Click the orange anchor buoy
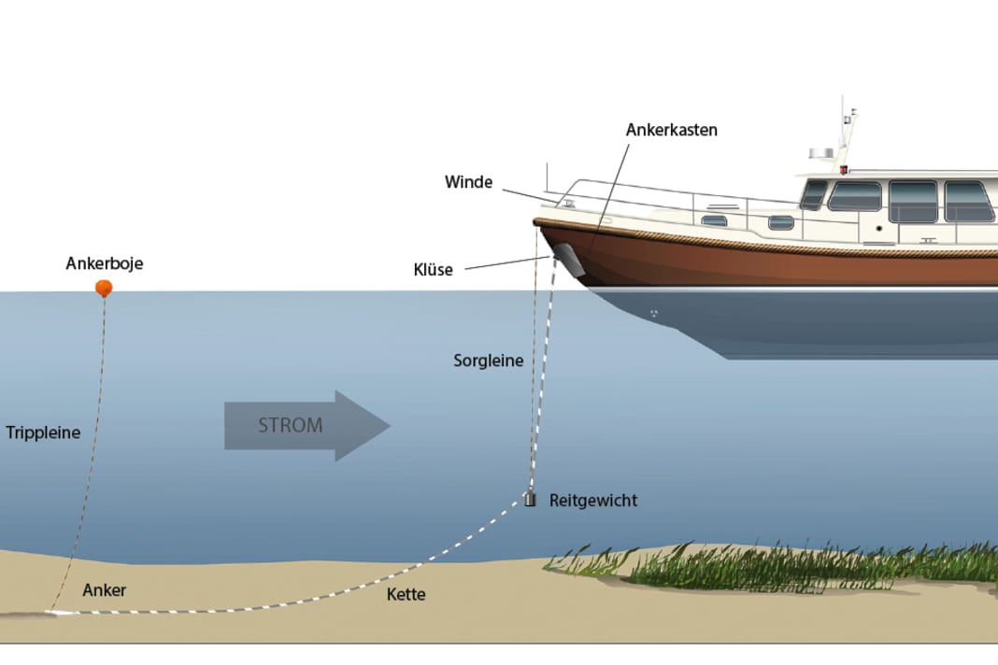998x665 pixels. point(104,288)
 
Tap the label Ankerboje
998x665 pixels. point(105,263)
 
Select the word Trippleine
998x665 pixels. point(43,432)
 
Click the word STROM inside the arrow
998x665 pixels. point(290,425)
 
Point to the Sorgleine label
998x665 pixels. point(488,360)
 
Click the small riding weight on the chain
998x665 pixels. point(530,499)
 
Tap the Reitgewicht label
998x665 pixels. point(593,501)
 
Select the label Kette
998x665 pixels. point(406,594)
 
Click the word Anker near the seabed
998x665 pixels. point(104,590)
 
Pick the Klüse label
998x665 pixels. point(433,270)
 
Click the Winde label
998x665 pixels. point(468,182)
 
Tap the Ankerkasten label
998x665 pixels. point(671,130)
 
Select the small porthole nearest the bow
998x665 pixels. point(715,220)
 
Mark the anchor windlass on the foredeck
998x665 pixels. point(566,201)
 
